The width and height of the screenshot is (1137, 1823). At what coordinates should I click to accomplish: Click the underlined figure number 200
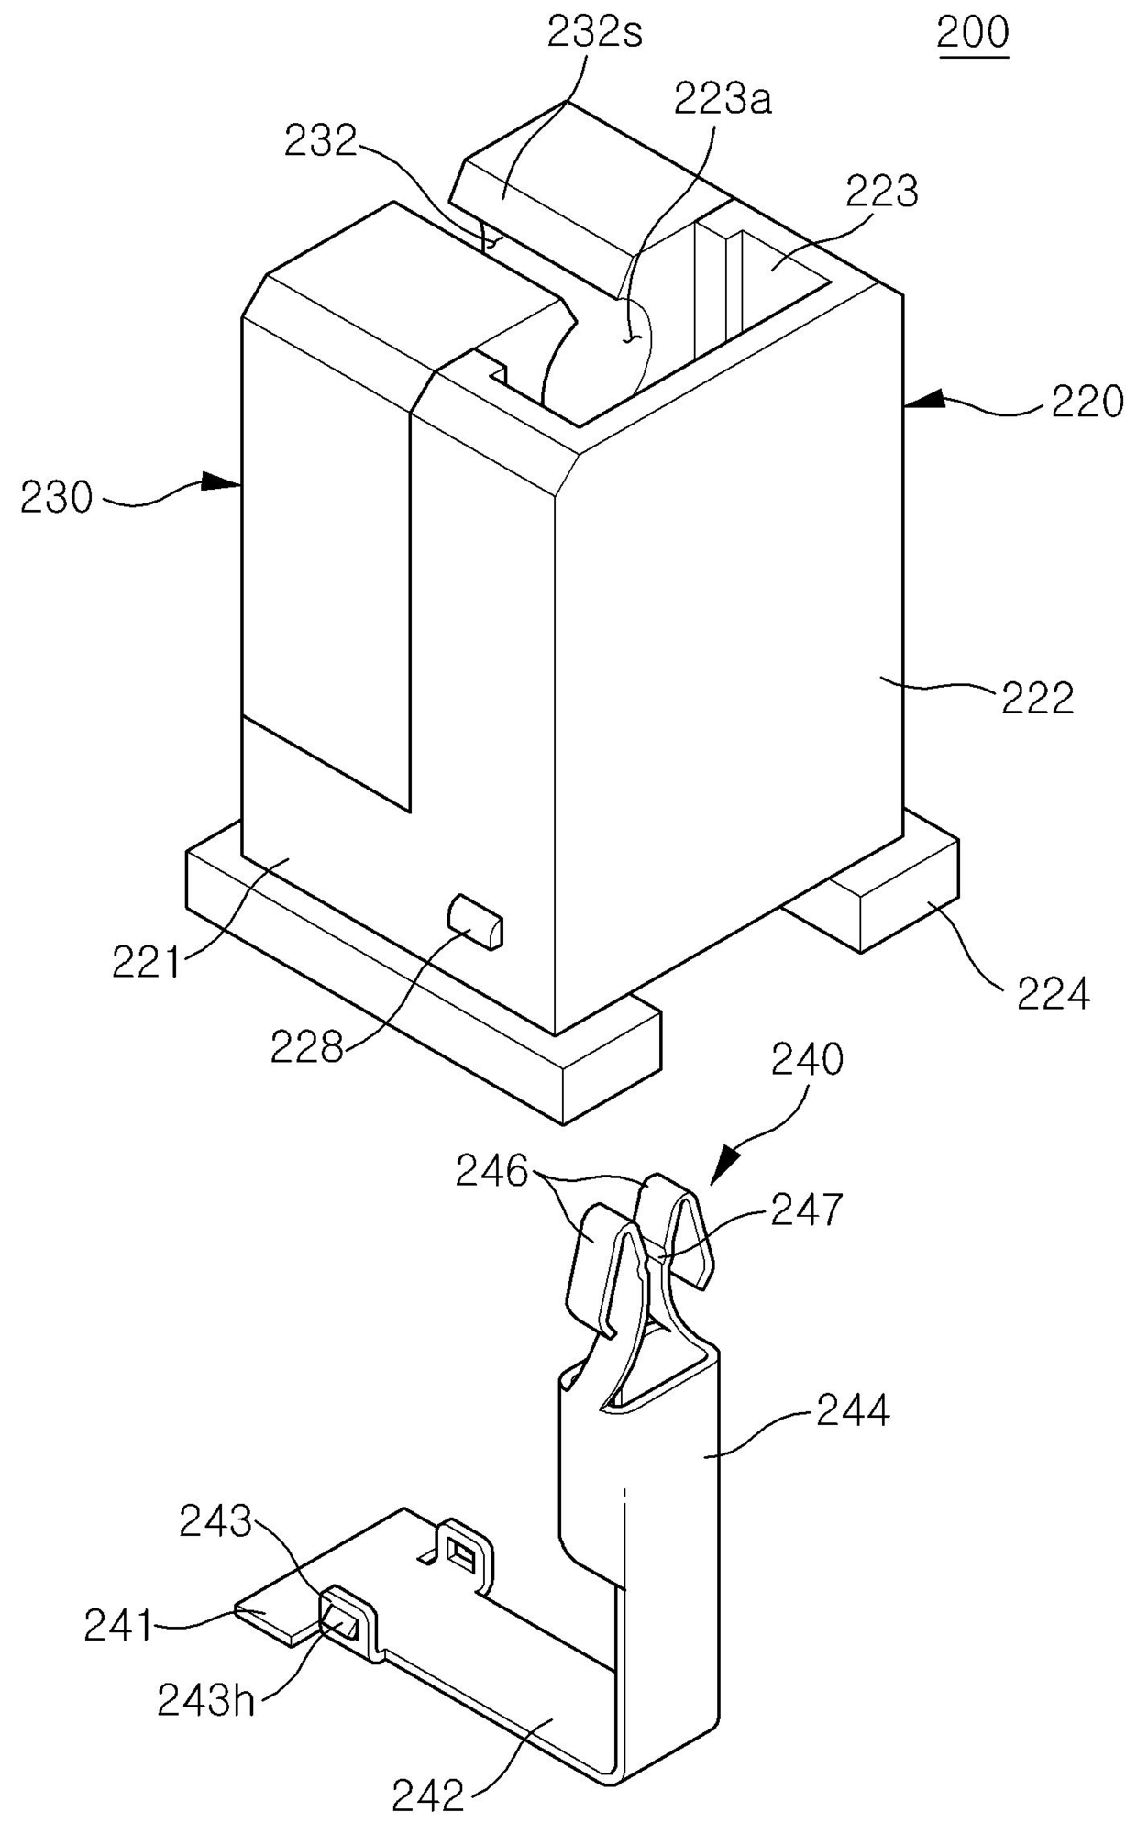point(972,34)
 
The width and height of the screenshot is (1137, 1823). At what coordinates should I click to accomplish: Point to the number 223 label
point(881,193)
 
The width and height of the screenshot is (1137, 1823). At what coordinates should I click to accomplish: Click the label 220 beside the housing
point(1087,403)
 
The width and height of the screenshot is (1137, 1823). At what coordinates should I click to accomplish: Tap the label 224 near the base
point(1053,994)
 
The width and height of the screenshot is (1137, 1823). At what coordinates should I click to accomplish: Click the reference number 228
point(306,1047)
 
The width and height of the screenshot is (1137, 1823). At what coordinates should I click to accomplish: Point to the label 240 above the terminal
point(807,1060)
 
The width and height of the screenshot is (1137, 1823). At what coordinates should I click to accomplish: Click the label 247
point(806,1210)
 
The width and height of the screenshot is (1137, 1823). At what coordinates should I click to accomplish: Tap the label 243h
point(205,1702)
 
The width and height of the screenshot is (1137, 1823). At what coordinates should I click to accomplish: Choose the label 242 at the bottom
point(429,1789)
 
